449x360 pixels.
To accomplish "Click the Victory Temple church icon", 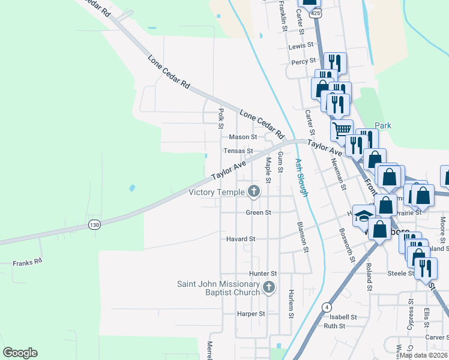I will click(x=254, y=192).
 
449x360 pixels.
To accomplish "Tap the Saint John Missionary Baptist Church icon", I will click(x=268, y=288).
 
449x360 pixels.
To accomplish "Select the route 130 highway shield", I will click(x=94, y=224).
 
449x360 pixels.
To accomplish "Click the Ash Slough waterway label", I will click(x=301, y=178).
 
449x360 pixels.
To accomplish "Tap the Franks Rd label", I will click(x=28, y=262).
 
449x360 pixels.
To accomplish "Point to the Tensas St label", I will click(x=238, y=151).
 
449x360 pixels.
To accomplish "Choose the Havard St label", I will click(x=241, y=239).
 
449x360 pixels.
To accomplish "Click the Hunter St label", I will click(x=263, y=274).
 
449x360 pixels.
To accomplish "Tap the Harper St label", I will click(x=251, y=314).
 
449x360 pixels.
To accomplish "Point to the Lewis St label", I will click(x=301, y=46).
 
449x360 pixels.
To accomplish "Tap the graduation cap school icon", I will click(x=364, y=215).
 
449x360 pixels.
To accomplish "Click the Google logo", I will click(x=20, y=353).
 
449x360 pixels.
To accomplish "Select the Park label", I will click(x=383, y=126).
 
